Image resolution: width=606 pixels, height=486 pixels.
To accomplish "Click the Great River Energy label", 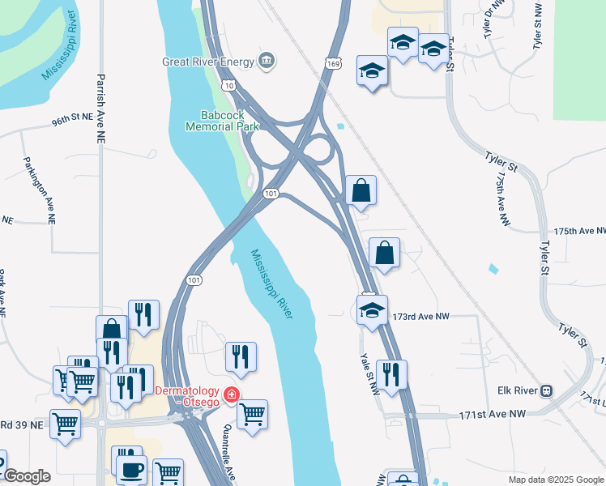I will click(x=208, y=61).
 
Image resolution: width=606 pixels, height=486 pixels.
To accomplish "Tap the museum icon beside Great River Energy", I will click(x=266, y=61).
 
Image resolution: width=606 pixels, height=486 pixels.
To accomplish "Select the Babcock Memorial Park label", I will click(x=222, y=121).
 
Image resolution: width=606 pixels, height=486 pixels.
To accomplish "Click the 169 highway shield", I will click(x=334, y=62).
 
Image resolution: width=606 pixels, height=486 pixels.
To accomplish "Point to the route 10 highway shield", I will click(x=230, y=85).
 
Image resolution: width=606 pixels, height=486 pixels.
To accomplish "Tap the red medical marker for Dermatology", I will click(x=233, y=394).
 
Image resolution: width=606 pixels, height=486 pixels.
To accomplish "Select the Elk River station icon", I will click(x=547, y=390).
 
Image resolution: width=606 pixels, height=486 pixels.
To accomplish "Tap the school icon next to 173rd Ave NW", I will click(x=372, y=310).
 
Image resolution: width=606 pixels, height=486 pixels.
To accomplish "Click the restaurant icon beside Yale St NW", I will click(x=391, y=375).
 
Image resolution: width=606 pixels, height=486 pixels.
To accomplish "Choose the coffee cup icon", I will click(x=131, y=469).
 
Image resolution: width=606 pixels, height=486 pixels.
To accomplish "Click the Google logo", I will click(x=27, y=476).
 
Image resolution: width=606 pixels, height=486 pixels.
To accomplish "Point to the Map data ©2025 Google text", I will click(x=555, y=480).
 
